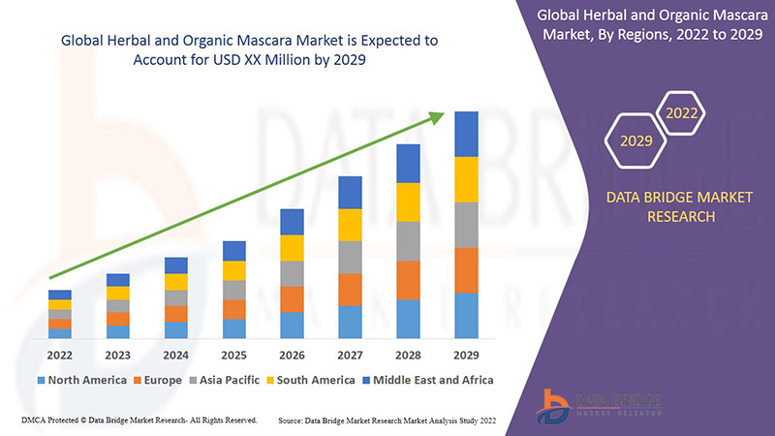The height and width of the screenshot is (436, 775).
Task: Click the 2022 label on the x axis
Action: coord(59,355)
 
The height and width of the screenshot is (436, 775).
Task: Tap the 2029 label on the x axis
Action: coord(467,355)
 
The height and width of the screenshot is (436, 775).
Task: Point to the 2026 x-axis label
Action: coord(292,355)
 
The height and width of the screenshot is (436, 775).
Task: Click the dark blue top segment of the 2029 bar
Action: coord(467,134)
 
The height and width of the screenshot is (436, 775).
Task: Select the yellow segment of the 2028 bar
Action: coord(408,202)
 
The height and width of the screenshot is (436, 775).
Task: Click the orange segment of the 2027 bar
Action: coord(350,289)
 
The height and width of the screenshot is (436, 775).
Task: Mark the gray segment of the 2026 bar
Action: coord(292,273)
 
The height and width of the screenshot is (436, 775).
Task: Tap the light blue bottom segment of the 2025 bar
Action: coord(233,328)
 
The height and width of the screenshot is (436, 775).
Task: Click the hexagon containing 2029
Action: coord(636,141)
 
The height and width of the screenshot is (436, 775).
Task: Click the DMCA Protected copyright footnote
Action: coord(138,420)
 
